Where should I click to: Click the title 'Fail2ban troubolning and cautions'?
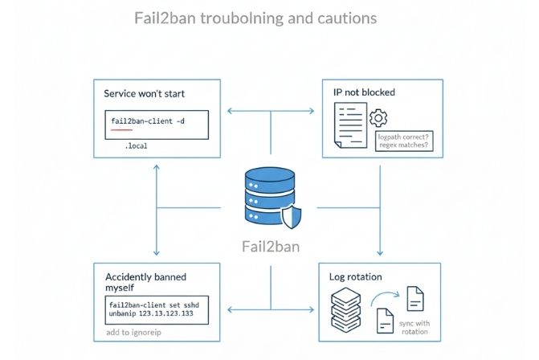click(255, 17)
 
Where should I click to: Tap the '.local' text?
click(136, 147)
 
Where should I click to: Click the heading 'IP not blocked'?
click(364, 93)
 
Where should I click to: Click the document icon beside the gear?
click(349, 129)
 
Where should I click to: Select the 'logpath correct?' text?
click(403, 137)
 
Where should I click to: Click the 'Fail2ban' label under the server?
click(270, 247)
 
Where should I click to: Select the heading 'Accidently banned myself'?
click(145, 281)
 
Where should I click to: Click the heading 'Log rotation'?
click(355, 276)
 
